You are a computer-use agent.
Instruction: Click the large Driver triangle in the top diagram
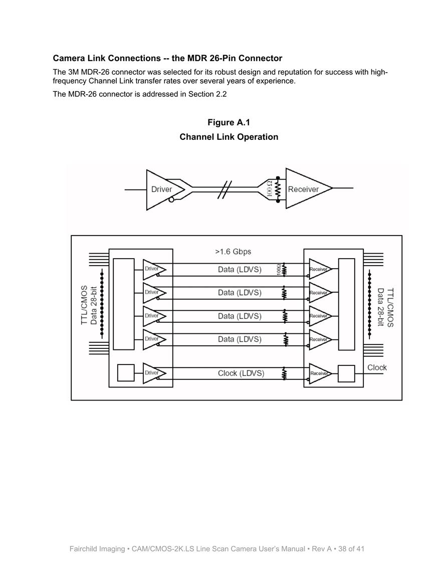(x=162, y=190)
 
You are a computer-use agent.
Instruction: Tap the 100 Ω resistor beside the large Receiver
(x=278, y=189)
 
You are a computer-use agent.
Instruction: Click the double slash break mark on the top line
(x=225, y=190)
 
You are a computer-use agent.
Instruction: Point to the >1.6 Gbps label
(x=233, y=252)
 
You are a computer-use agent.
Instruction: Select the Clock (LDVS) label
(x=241, y=373)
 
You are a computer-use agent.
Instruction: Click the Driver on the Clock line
(x=155, y=373)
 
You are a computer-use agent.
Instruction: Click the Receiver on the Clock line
(x=320, y=373)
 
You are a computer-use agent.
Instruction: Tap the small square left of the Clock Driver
(x=126, y=373)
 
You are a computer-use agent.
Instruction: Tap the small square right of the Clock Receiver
(x=347, y=373)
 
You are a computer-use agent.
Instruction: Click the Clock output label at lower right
(x=377, y=367)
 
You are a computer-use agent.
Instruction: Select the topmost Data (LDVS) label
(x=240, y=270)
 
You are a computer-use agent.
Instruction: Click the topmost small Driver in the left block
(x=155, y=269)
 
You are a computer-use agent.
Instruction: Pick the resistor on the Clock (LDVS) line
(x=284, y=373)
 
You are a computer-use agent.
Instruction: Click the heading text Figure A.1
(x=229, y=122)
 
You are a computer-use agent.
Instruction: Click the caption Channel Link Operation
(x=229, y=137)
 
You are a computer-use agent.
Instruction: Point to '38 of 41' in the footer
(x=351, y=549)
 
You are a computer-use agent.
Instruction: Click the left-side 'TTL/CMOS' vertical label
(x=84, y=305)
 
